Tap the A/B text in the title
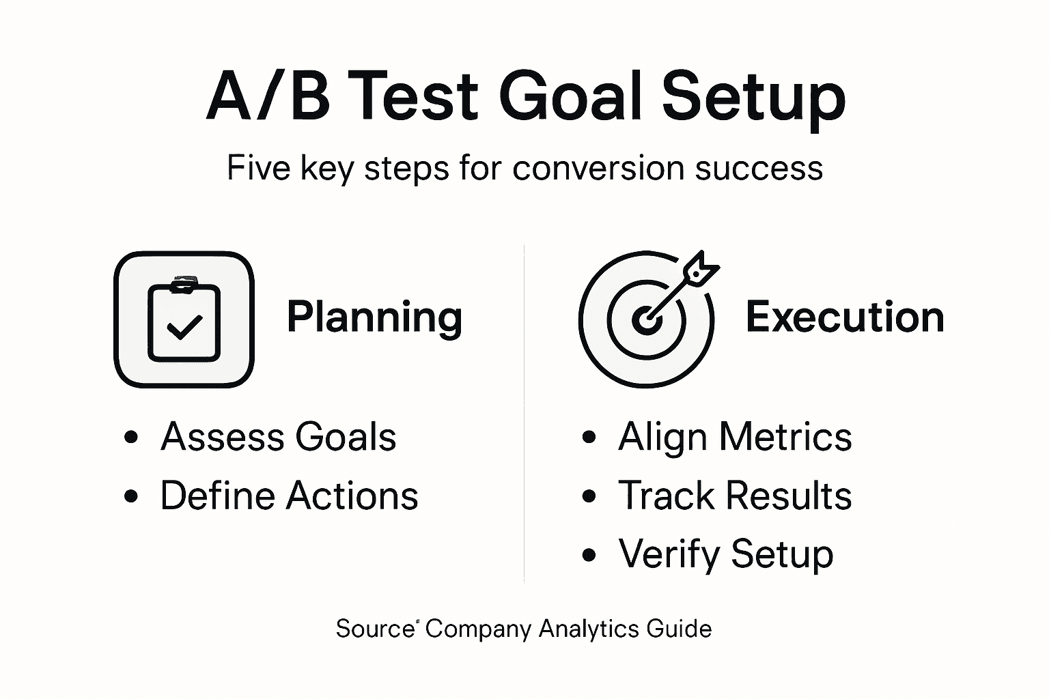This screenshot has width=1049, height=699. pyautogui.click(x=268, y=97)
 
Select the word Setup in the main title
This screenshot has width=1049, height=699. pyautogui.click(x=754, y=100)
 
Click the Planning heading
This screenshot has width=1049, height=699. pyautogui.click(x=375, y=318)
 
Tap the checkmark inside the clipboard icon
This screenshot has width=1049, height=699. pyautogui.click(x=184, y=327)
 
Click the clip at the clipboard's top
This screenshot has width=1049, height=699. pyautogui.click(x=184, y=285)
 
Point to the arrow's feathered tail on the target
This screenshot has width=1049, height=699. pyautogui.click(x=701, y=268)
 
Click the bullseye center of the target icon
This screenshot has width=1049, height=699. pyautogui.click(x=646, y=321)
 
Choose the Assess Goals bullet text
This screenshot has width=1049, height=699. pyautogui.click(x=278, y=437)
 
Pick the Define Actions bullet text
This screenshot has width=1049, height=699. pyautogui.click(x=289, y=496)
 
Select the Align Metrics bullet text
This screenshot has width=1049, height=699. pyautogui.click(x=735, y=438)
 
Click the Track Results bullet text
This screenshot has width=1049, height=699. pyautogui.click(x=735, y=496)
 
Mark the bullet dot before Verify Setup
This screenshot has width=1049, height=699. pyautogui.click(x=589, y=555)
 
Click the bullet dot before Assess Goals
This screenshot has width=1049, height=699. pyautogui.click(x=131, y=438)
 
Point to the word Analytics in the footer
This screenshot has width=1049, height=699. pyautogui.click(x=589, y=629)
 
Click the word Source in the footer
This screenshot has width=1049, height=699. pyautogui.click(x=375, y=628)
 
